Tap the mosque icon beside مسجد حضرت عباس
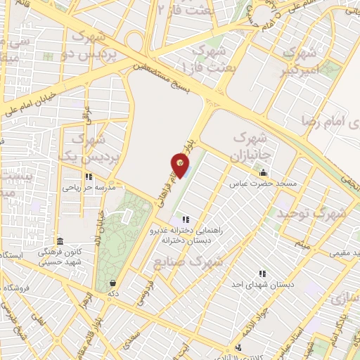pos(264,172)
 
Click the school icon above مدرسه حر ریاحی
pos(88,177)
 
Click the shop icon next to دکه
pos(112,283)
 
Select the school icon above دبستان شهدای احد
pos(262,273)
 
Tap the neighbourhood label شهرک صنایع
pos(187,263)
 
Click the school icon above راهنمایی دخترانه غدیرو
pos(186,219)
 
